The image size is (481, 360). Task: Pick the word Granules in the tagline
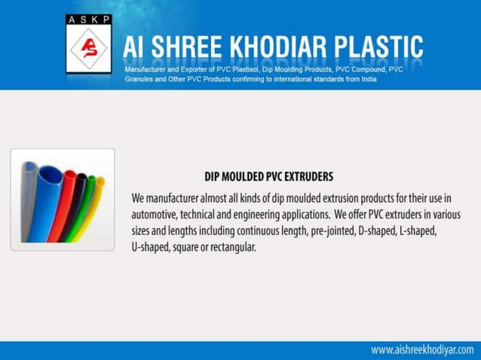point(141,78)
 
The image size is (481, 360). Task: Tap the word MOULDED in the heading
point(235,178)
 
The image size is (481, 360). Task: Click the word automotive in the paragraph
point(159,214)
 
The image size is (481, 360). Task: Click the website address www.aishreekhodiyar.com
point(422,350)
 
